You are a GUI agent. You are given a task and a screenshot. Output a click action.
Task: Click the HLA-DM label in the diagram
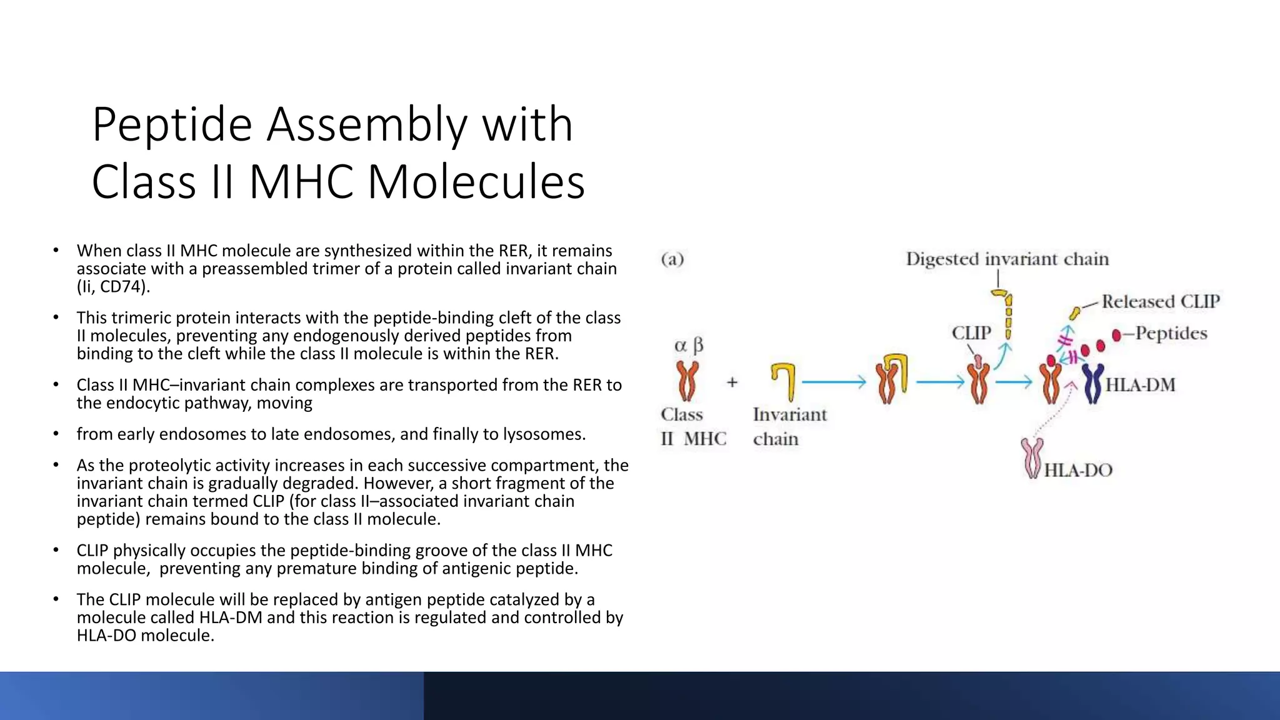coord(1140,385)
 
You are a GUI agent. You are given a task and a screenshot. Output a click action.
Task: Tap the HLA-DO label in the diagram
coord(1078,470)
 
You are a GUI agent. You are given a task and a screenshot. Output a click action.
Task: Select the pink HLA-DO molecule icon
coord(1031,457)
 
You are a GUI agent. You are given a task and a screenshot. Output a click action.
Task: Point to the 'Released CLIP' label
coord(1160,302)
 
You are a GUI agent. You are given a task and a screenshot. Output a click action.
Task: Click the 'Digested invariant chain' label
coord(1007,259)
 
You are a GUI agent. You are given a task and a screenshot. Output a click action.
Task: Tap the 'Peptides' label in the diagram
coord(1171,333)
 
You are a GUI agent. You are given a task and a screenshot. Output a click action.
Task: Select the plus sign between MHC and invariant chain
coord(732,382)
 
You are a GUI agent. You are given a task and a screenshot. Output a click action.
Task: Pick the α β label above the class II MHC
coord(689,346)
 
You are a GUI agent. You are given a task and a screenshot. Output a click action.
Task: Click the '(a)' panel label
coord(672,259)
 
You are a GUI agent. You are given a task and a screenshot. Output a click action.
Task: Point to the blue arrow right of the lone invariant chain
coord(834,382)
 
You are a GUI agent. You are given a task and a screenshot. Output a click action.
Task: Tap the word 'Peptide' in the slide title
coord(172,125)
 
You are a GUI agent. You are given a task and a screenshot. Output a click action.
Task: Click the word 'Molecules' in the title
coord(476,182)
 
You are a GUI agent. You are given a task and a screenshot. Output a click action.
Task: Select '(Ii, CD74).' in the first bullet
coord(113,287)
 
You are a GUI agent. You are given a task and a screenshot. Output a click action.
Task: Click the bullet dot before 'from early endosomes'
coord(56,433)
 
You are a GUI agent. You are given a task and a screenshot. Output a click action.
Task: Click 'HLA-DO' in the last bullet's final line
coord(106,636)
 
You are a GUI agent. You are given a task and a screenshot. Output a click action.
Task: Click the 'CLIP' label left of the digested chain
coord(971,333)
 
